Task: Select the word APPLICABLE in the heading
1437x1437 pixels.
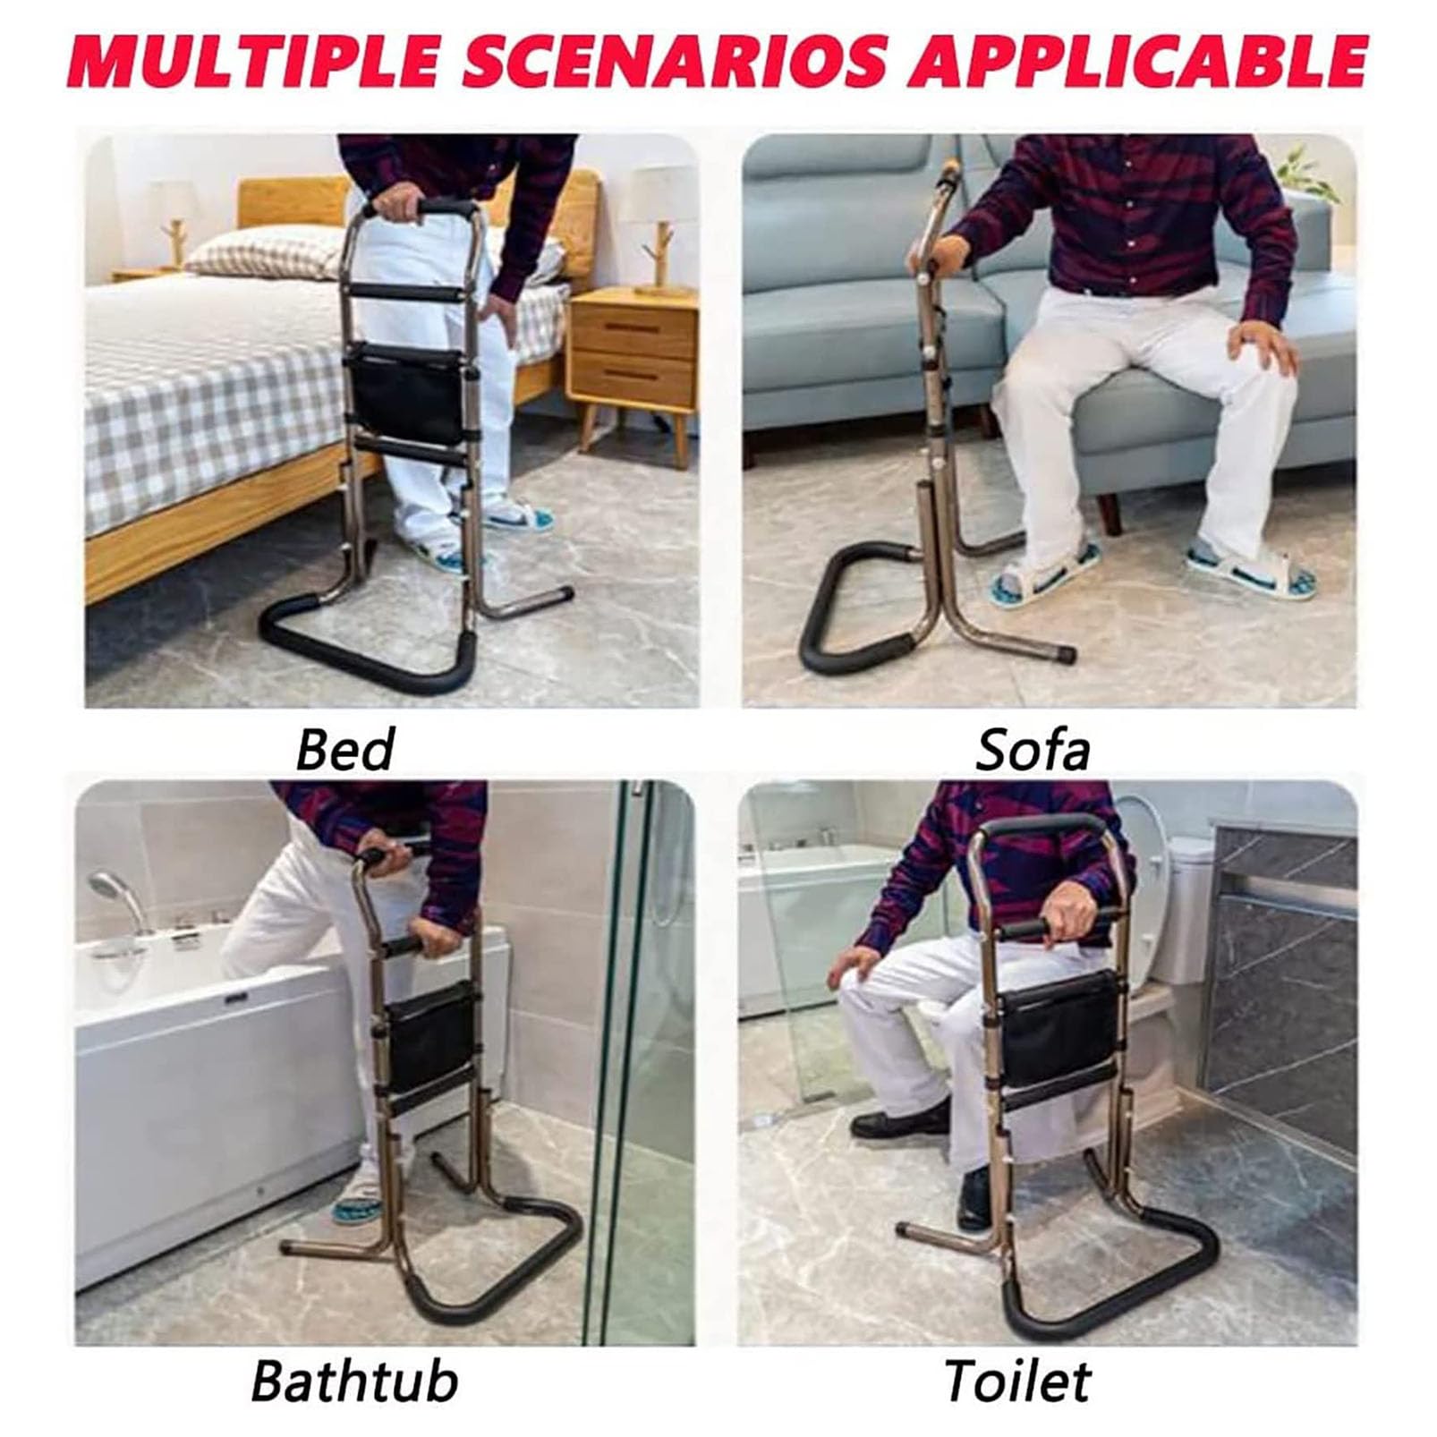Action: click(x=1130, y=60)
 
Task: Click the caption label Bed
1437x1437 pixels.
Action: click(x=344, y=750)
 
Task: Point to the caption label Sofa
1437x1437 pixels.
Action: click(x=1033, y=750)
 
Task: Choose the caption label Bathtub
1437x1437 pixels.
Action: click(x=354, y=1382)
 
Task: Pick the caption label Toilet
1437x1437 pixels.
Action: click(x=1017, y=1382)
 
